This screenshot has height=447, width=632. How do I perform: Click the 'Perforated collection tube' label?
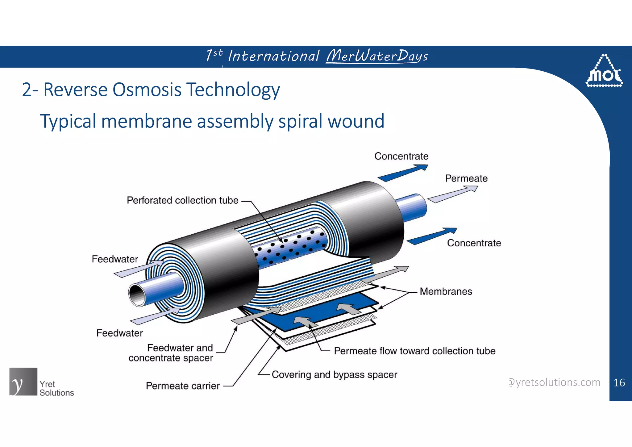click(x=182, y=200)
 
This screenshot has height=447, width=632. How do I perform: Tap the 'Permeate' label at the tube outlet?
click(x=466, y=178)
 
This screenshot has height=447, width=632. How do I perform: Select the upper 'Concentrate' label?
click(x=401, y=156)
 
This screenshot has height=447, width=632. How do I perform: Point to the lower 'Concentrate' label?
click(x=474, y=243)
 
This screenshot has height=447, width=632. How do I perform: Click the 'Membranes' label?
click(x=446, y=291)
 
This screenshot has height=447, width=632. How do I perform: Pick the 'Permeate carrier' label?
click(x=183, y=386)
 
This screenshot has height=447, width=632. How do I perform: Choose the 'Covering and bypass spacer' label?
click(x=334, y=374)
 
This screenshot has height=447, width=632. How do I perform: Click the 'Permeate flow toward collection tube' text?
click(x=414, y=351)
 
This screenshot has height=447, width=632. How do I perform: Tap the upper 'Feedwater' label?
click(x=115, y=259)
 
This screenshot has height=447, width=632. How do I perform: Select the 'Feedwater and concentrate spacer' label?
click(x=171, y=353)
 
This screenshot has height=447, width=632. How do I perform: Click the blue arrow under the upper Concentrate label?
click(x=403, y=173)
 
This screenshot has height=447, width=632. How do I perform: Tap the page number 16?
click(x=619, y=383)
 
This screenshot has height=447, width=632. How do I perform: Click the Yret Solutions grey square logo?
click(x=23, y=382)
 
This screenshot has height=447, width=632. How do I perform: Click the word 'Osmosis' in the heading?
click(x=147, y=90)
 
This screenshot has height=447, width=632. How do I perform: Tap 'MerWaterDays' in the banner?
click(x=377, y=56)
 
